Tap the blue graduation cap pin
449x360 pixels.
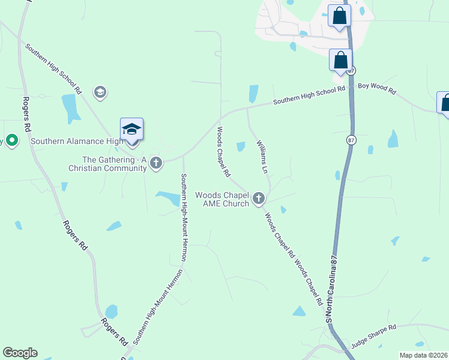(x=132, y=130)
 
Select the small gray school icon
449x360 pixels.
(x=100, y=92)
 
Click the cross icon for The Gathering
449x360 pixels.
(x=156, y=163)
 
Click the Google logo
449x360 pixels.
(x=20, y=353)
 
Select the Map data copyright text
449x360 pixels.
(x=424, y=355)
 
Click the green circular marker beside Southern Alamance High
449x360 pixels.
(x=11, y=141)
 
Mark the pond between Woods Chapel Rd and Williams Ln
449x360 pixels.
(x=241, y=146)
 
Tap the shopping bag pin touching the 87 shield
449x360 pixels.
(x=341, y=61)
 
